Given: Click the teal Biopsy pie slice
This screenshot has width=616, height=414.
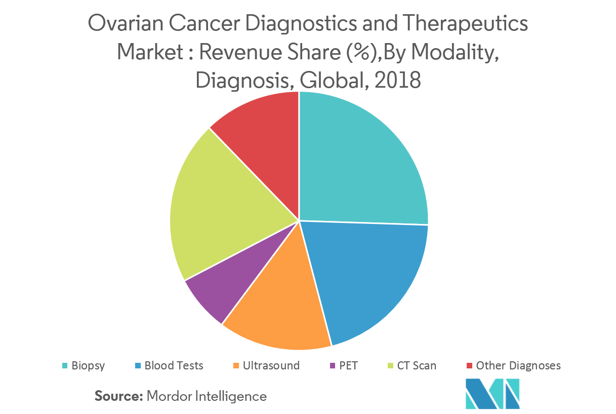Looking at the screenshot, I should pyautogui.click(x=359, y=157).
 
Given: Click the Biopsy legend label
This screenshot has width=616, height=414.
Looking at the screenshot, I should pyautogui.click(x=88, y=365).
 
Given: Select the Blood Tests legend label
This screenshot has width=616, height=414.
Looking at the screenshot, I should pyautogui.click(x=174, y=365).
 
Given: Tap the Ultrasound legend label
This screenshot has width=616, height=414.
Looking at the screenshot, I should pyautogui.click(x=271, y=365).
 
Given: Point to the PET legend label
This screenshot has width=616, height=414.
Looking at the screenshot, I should pyautogui.click(x=349, y=365).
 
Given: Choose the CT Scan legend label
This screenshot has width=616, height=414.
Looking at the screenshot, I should pyautogui.click(x=417, y=365).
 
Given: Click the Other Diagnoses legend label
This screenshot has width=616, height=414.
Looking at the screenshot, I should pyautogui.click(x=518, y=365).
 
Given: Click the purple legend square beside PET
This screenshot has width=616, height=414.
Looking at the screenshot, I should pyautogui.click(x=332, y=365).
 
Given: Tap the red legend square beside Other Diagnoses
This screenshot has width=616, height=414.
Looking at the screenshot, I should pyautogui.click(x=469, y=365).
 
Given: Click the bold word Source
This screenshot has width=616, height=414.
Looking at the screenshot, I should pyautogui.click(x=118, y=396).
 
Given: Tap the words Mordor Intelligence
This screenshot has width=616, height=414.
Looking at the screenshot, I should pyautogui.click(x=207, y=396).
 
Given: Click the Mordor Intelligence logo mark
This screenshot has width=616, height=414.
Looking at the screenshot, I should pyautogui.click(x=492, y=394).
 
